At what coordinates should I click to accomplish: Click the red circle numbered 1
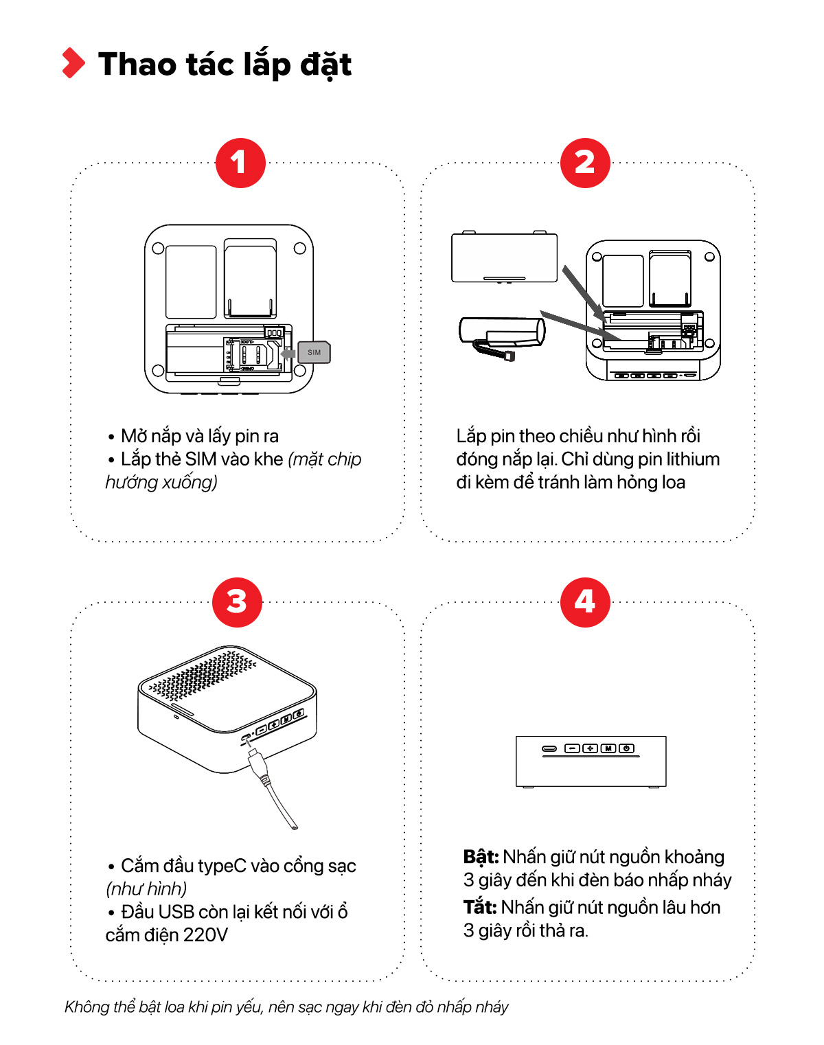point(240,163)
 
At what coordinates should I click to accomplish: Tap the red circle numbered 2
point(585,163)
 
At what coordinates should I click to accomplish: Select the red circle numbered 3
point(237,602)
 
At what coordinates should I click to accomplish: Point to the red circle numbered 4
point(585,602)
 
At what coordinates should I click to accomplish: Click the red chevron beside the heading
point(73,63)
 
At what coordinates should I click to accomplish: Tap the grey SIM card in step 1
point(314,352)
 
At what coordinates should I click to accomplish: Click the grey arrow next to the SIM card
point(288,353)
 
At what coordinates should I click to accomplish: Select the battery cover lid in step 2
point(504,257)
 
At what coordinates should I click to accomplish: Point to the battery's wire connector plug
point(509,356)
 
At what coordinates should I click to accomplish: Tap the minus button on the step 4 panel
point(572,748)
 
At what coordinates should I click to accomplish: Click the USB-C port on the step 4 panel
point(549,748)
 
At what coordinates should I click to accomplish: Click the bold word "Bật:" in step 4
point(481,857)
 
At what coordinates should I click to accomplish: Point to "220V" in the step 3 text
point(205,934)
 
